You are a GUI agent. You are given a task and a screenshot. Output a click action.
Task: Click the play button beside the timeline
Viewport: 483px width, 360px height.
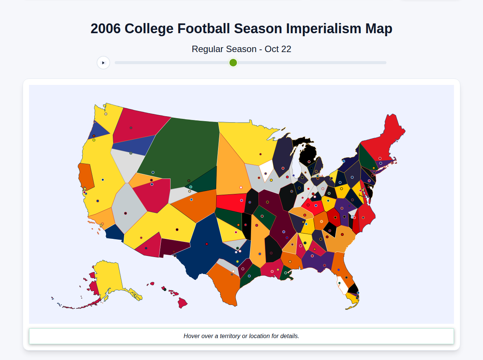click(103, 63)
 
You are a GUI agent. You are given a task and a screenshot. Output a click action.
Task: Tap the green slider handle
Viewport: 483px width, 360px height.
click(233, 63)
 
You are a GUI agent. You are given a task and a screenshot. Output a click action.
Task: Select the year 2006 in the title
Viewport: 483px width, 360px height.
click(105, 29)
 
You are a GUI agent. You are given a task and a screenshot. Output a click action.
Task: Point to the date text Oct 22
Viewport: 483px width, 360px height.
click(278, 49)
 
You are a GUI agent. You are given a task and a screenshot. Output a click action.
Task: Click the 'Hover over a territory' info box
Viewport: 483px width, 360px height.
click(241, 336)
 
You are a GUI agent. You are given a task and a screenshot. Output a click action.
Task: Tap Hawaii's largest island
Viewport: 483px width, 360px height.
click(182, 303)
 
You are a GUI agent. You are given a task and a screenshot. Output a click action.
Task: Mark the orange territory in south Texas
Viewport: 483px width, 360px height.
click(225, 283)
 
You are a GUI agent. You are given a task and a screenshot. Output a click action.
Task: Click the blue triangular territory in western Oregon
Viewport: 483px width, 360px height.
click(97, 130)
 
